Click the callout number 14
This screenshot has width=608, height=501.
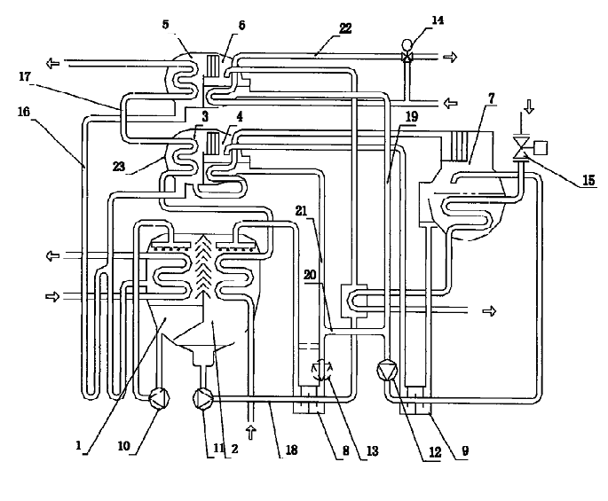pyautogui.click(x=437, y=20)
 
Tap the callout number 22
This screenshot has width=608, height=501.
pyautogui.click(x=345, y=28)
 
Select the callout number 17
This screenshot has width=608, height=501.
pyautogui.click(x=25, y=77)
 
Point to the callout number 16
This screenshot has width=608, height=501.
pyautogui.click(x=24, y=112)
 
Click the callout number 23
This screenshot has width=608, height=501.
pyautogui.click(x=119, y=166)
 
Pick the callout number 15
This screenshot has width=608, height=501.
pyautogui.click(x=588, y=179)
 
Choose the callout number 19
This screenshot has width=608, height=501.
pyautogui.click(x=412, y=116)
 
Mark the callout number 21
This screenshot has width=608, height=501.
pyautogui.click(x=301, y=211)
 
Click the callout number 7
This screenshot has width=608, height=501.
pyautogui.click(x=492, y=98)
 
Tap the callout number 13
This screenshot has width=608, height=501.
pyautogui.click(x=372, y=450)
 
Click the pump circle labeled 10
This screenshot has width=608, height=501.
pyautogui.click(x=160, y=398)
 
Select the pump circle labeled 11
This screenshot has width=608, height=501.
pyautogui.click(x=202, y=398)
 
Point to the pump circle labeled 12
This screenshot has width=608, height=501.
pyautogui.click(x=387, y=370)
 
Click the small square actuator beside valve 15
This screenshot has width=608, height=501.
pyautogui.click(x=541, y=148)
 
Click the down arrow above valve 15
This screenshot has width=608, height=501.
pyautogui.click(x=528, y=106)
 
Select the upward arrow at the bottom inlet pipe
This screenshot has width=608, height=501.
pyautogui.click(x=251, y=432)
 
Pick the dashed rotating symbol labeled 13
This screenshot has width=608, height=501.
pyautogui.click(x=322, y=370)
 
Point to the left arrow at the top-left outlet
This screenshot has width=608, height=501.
pyautogui.click(x=52, y=63)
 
